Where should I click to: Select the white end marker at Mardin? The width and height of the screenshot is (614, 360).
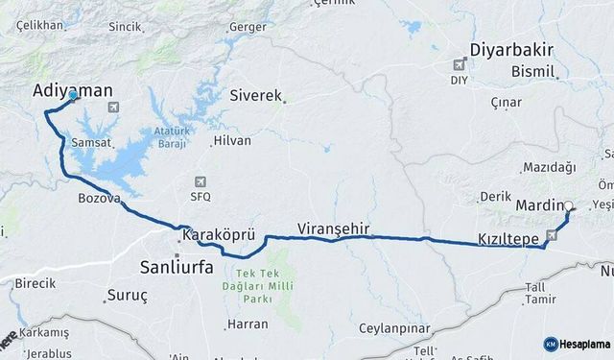click(568, 205)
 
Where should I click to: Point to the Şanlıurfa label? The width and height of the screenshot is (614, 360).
click(177, 266)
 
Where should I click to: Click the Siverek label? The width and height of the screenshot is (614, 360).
click(256, 96)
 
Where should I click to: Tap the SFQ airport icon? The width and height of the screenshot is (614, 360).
click(199, 181)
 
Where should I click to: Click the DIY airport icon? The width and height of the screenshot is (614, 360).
click(461, 65)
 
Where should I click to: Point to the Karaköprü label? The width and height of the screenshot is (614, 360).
click(218, 234)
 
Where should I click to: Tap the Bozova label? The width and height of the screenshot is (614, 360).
click(99, 199)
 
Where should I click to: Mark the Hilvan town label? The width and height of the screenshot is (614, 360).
click(231, 140)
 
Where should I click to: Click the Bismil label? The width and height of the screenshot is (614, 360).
click(534, 72)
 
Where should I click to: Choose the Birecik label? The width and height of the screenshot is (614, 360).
click(35, 284)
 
